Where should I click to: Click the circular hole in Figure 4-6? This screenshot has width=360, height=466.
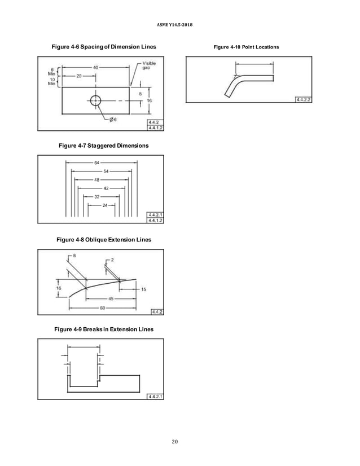(x=95, y=100)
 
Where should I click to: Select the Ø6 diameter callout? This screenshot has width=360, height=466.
(x=112, y=119)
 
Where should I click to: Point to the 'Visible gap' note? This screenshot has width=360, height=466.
(x=149, y=65)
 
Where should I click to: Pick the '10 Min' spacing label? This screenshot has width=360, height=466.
(x=52, y=83)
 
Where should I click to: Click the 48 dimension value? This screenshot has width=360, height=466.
(x=97, y=180)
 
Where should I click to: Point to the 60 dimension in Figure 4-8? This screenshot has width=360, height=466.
(x=103, y=307)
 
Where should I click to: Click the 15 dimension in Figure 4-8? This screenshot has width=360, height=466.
(x=143, y=289)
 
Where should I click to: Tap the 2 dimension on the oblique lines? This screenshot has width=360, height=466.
(x=112, y=260)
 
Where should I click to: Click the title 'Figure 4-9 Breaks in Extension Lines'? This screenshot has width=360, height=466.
(x=103, y=329)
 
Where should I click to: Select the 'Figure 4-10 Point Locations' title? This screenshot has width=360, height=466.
(x=246, y=47)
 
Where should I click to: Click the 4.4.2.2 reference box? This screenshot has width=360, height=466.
(x=305, y=99)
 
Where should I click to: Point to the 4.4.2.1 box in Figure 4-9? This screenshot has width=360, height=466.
(x=155, y=396)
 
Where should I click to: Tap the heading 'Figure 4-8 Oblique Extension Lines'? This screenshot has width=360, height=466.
(x=104, y=240)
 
